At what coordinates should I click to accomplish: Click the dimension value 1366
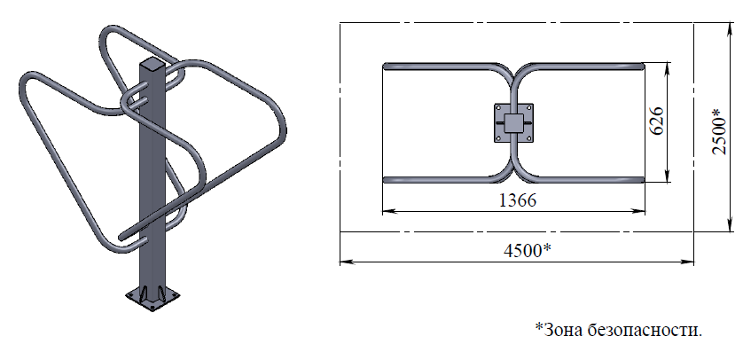(x=518, y=200)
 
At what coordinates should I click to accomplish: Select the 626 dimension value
(x=657, y=121)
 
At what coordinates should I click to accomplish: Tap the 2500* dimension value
(x=719, y=131)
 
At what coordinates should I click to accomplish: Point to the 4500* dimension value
(x=527, y=251)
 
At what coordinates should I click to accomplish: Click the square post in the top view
(x=513, y=122)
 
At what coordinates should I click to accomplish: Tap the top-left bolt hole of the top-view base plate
(x=498, y=108)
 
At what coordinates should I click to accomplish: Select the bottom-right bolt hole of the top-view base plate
(x=528, y=138)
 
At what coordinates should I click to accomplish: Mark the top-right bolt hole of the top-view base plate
(x=528, y=108)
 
